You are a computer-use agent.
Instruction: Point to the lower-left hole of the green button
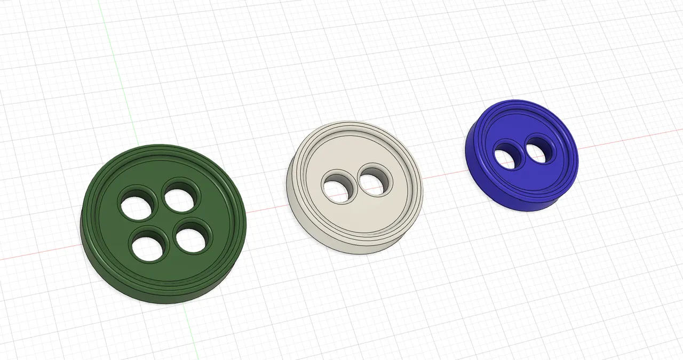coord(149,246)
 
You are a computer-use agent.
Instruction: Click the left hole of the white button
coord(336,187)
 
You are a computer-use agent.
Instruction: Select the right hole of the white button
coord(375,181)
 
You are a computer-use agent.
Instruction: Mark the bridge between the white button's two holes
coord(355,184)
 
